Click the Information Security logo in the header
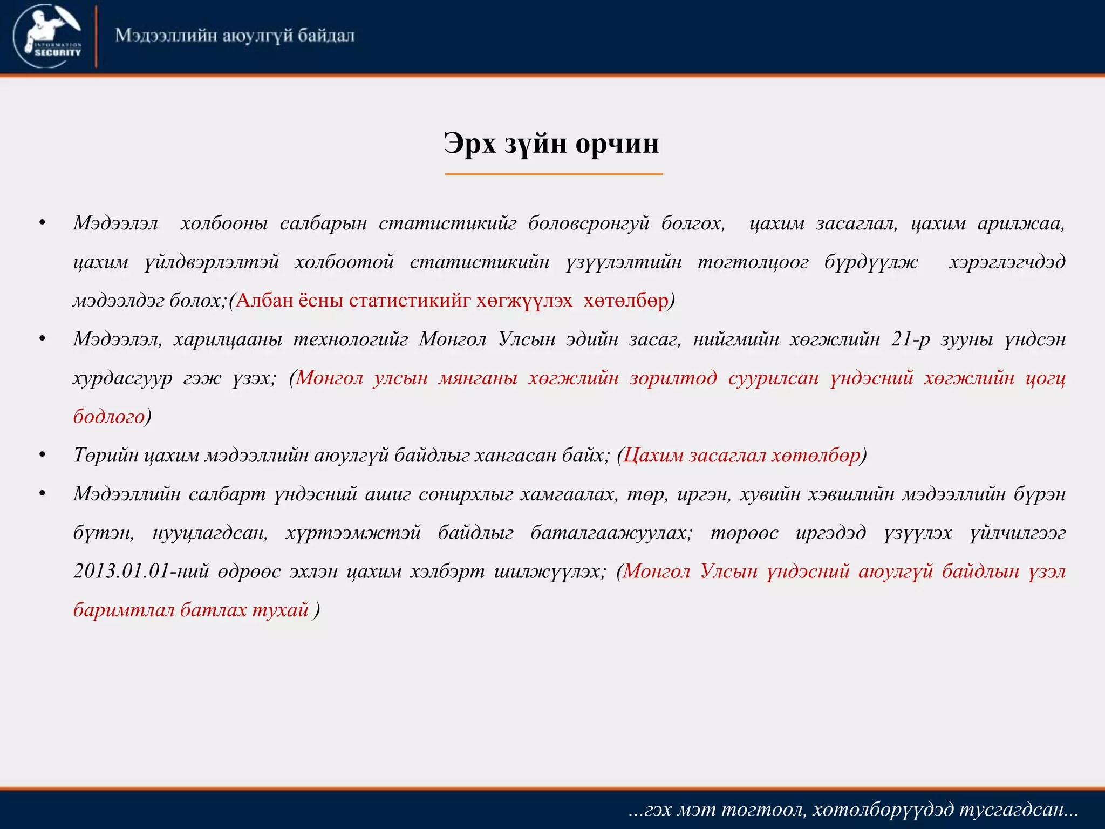(x=47, y=36)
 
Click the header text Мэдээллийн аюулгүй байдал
(x=235, y=36)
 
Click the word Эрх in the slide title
(x=469, y=144)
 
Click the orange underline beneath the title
(x=554, y=174)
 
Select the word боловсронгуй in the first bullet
(x=589, y=223)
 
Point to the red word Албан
(x=264, y=300)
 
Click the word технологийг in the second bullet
(x=351, y=339)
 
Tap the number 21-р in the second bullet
(x=910, y=339)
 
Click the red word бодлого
(x=109, y=417)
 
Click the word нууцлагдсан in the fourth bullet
(x=210, y=533)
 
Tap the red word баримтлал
(x=124, y=610)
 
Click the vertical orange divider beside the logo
(x=96, y=37)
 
